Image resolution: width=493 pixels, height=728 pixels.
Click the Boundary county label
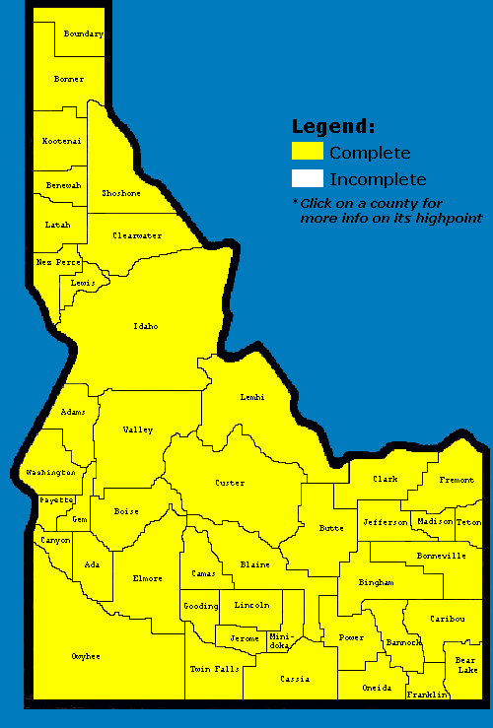click(x=83, y=34)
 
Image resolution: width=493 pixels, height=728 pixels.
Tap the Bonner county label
click(x=69, y=79)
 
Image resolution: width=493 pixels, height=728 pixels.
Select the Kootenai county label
click(x=61, y=141)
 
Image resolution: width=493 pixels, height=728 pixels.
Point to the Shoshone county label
click(x=120, y=193)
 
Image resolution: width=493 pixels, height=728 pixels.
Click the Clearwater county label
click(x=136, y=235)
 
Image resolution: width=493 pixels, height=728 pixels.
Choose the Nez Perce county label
click(x=58, y=262)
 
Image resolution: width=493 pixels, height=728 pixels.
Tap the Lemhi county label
click(x=253, y=397)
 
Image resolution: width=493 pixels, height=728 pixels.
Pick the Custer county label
click(x=230, y=483)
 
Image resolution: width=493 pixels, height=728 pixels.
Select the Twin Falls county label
click(x=214, y=669)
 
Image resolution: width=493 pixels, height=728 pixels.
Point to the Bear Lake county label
click(x=465, y=665)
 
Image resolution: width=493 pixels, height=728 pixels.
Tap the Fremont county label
click(x=457, y=480)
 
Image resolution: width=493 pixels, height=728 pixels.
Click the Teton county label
click(x=468, y=521)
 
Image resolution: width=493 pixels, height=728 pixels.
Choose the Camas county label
click(x=203, y=573)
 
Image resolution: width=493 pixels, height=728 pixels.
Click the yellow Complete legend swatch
click(x=307, y=152)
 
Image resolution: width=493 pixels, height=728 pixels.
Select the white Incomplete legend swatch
click(x=307, y=178)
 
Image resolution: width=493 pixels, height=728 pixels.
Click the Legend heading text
click(x=333, y=126)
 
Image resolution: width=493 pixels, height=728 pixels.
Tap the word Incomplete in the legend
click(x=378, y=179)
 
